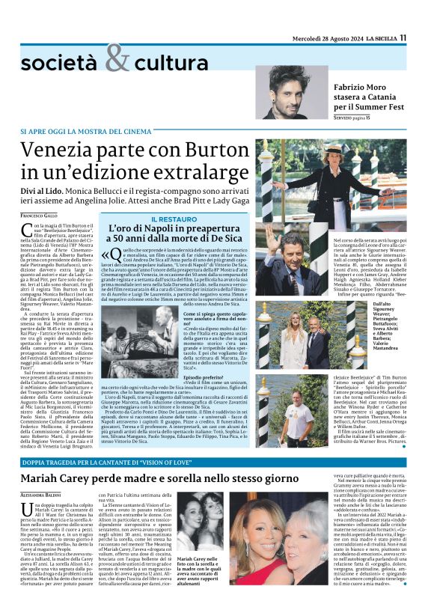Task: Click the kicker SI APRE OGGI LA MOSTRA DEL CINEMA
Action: tap(79, 132)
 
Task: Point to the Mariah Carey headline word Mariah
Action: tap(47, 478)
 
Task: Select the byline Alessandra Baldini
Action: tap(43, 495)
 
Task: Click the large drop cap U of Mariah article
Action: tap(27, 507)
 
